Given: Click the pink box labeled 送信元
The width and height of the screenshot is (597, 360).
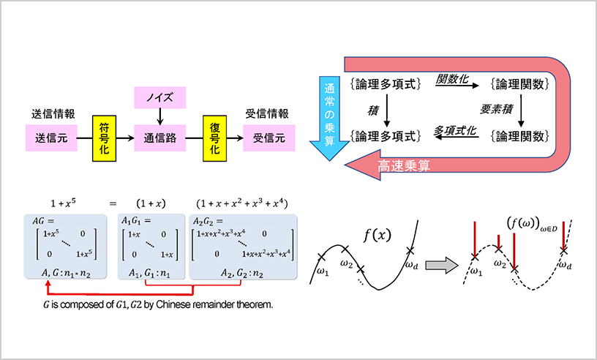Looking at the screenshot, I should (x=51, y=137).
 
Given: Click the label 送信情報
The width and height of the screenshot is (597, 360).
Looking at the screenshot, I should (x=51, y=114).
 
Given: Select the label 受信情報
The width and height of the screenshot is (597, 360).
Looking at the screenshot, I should (x=268, y=114).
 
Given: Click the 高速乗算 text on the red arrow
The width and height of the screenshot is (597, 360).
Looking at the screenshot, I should (x=403, y=167).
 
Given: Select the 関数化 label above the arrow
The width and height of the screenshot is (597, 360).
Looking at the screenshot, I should (x=452, y=78).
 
